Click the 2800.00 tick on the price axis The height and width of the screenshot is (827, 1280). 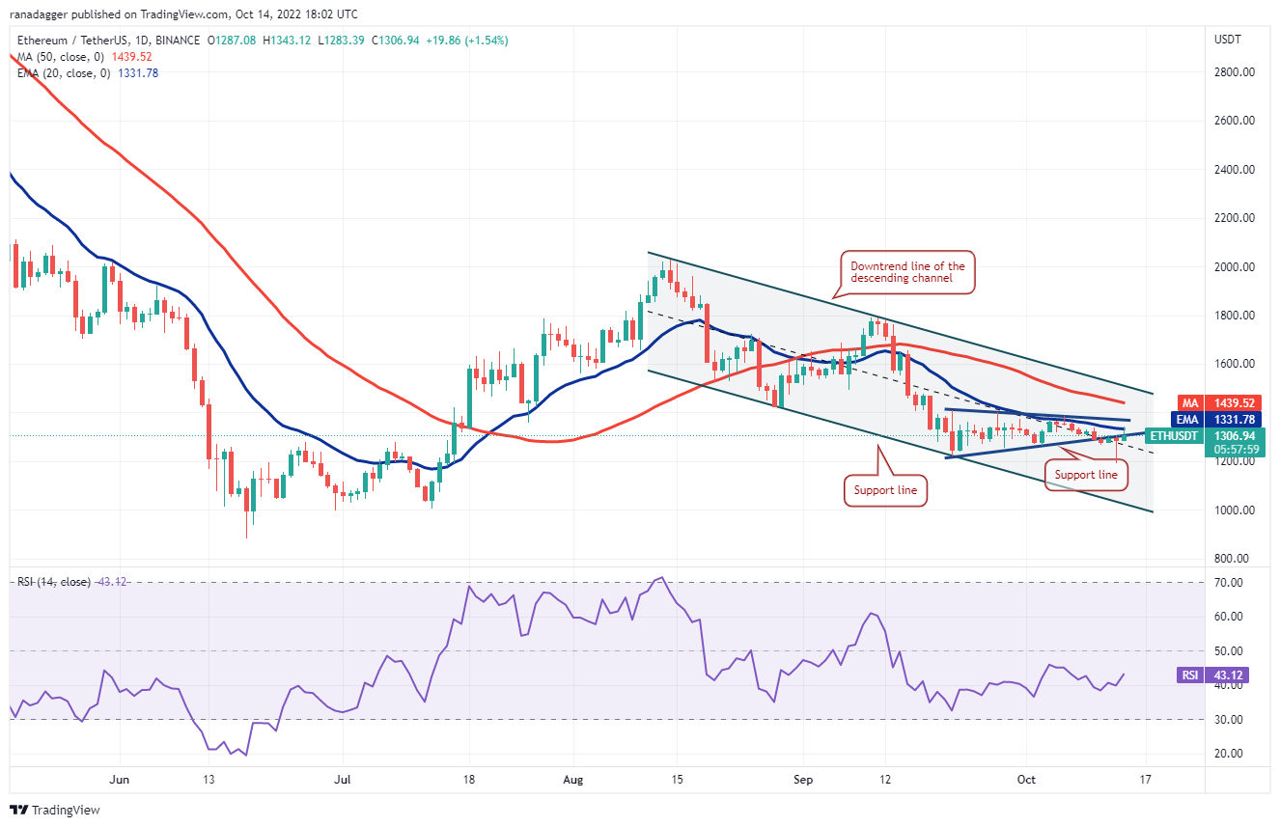(x=1235, y=72)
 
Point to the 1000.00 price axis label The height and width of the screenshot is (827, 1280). (x=1235, y=510)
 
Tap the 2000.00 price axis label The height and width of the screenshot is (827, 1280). (x=1235, y=267)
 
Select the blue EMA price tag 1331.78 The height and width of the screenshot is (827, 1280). (x=1221, y=421)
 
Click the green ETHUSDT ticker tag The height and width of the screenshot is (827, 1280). (x=1173, y=436)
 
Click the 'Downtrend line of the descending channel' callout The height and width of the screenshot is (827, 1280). (x=906, y=272)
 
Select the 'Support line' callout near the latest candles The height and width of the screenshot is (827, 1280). (x=1086, y=474)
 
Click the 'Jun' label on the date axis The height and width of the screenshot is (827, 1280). (x=120, y=779)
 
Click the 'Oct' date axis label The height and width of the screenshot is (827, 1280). (x=1026, y=779)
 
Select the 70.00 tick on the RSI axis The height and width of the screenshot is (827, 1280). (x=1229, y=584)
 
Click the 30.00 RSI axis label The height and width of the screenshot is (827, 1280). (x=1229, y=720)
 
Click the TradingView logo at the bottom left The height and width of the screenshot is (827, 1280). (x=55, y=810)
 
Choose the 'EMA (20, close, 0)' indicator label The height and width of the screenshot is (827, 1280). (x=60, y=73)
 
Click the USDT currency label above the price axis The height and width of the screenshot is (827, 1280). (x=1228, y=40)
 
